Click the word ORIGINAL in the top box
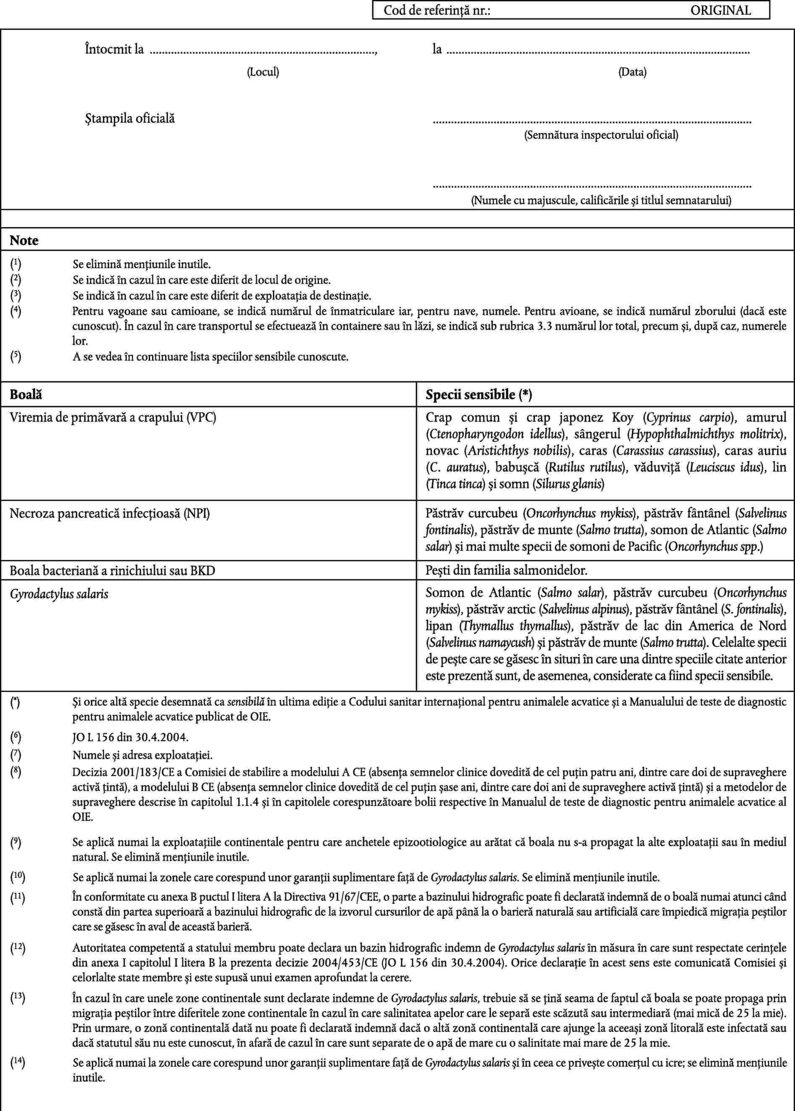720,10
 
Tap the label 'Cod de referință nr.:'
437,10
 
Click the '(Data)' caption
632,72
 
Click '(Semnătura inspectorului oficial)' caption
601,135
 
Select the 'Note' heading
24,240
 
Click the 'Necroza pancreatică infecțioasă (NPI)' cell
110,513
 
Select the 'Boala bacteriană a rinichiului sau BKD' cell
113,570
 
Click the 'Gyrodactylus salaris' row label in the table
59,594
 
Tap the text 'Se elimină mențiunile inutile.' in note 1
142,265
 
